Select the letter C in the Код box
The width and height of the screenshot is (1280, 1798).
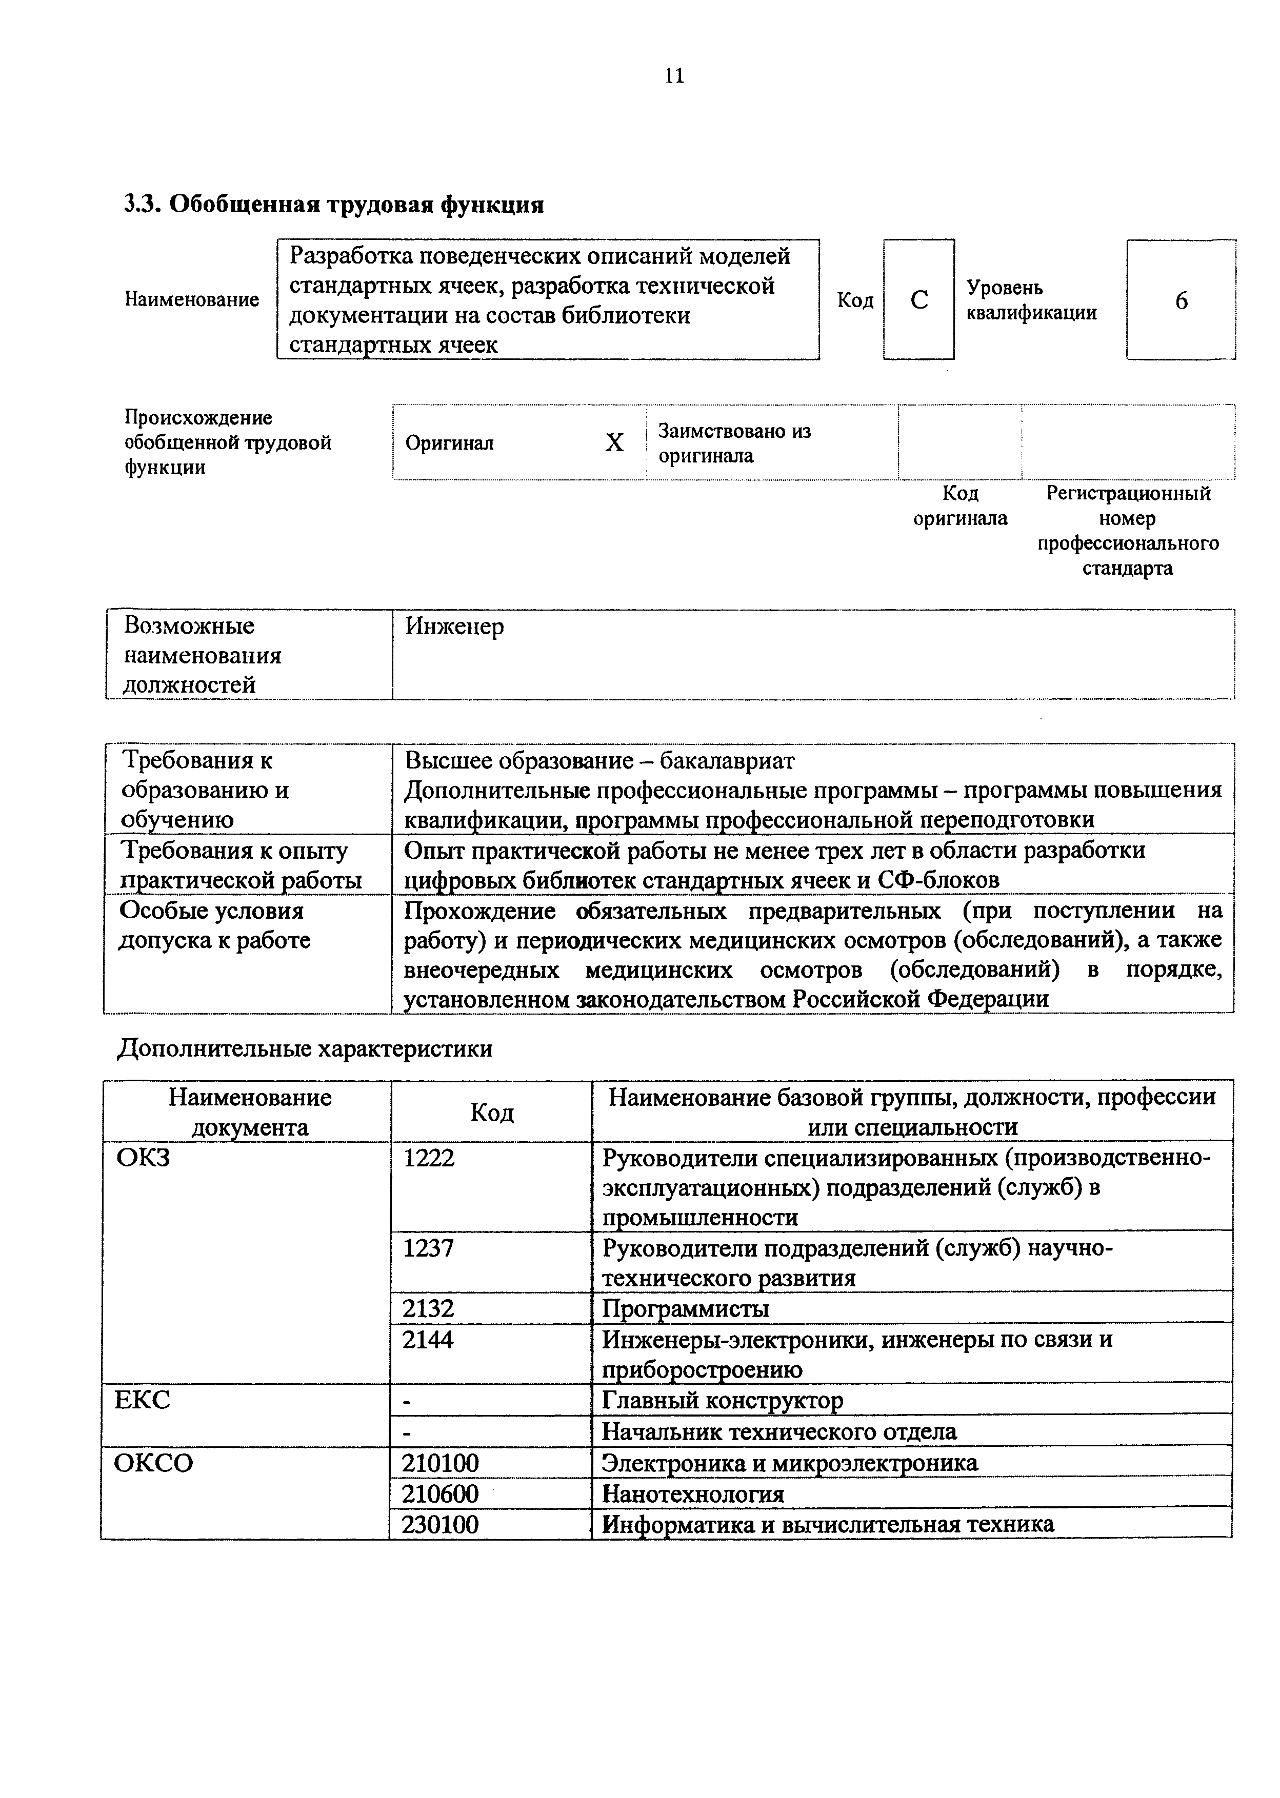coord(918,300)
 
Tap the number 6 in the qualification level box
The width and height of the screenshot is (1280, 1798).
coord(1181,301)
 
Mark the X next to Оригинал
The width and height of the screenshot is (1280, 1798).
coord(614,443)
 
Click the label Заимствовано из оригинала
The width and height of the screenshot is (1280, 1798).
coord(734,443)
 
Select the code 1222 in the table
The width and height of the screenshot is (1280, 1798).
coord(428,1158)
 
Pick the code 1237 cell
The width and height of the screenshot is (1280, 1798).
coord(428,1248)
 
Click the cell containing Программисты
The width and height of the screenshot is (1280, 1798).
coord(685,1309)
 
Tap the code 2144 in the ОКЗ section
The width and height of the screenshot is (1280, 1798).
coord(428,1340)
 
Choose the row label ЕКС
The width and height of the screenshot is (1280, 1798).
coord(142,1400)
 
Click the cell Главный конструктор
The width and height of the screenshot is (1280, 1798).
coord(722,1400)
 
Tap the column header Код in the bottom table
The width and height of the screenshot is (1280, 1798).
coord(491,1112)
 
